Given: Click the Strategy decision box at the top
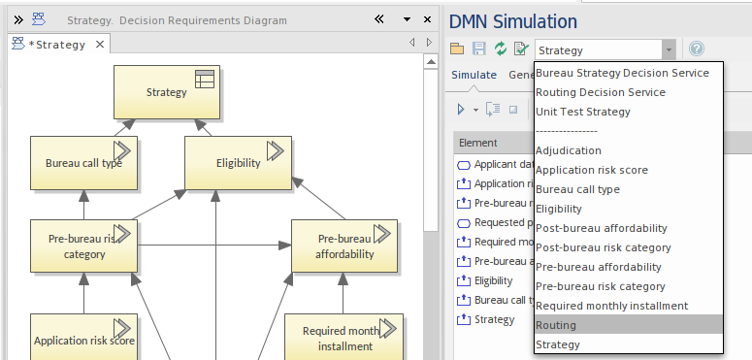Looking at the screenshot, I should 167,93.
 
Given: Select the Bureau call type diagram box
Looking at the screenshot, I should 83,163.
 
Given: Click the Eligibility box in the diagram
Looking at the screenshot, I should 238,163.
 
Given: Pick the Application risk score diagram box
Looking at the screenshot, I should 83,340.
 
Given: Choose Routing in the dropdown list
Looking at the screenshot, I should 556,325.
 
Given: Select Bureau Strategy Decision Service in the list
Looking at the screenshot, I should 622,73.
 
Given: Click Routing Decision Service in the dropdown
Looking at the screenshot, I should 600,92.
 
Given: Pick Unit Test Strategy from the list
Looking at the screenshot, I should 582,112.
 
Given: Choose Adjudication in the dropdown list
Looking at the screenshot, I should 569,150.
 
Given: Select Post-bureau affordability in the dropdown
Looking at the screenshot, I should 602,228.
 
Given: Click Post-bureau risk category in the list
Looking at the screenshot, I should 603,247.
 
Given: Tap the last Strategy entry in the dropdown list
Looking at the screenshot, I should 558,344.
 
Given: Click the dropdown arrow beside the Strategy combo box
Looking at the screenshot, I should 669,49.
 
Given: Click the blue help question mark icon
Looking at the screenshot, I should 695,49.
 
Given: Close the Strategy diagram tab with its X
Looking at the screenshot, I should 99,44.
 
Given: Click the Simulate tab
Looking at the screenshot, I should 474,75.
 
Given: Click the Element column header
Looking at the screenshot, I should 477,143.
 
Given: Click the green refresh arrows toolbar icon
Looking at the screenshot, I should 501,49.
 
